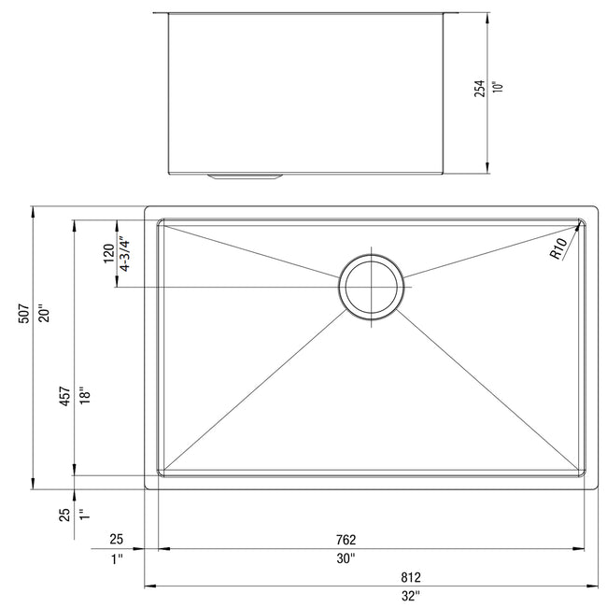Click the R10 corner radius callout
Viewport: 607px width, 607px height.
[558, 248]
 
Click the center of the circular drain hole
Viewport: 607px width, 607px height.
[372, 287]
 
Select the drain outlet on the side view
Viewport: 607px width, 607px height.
[245, 174]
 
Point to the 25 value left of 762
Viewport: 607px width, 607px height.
[117, 540]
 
